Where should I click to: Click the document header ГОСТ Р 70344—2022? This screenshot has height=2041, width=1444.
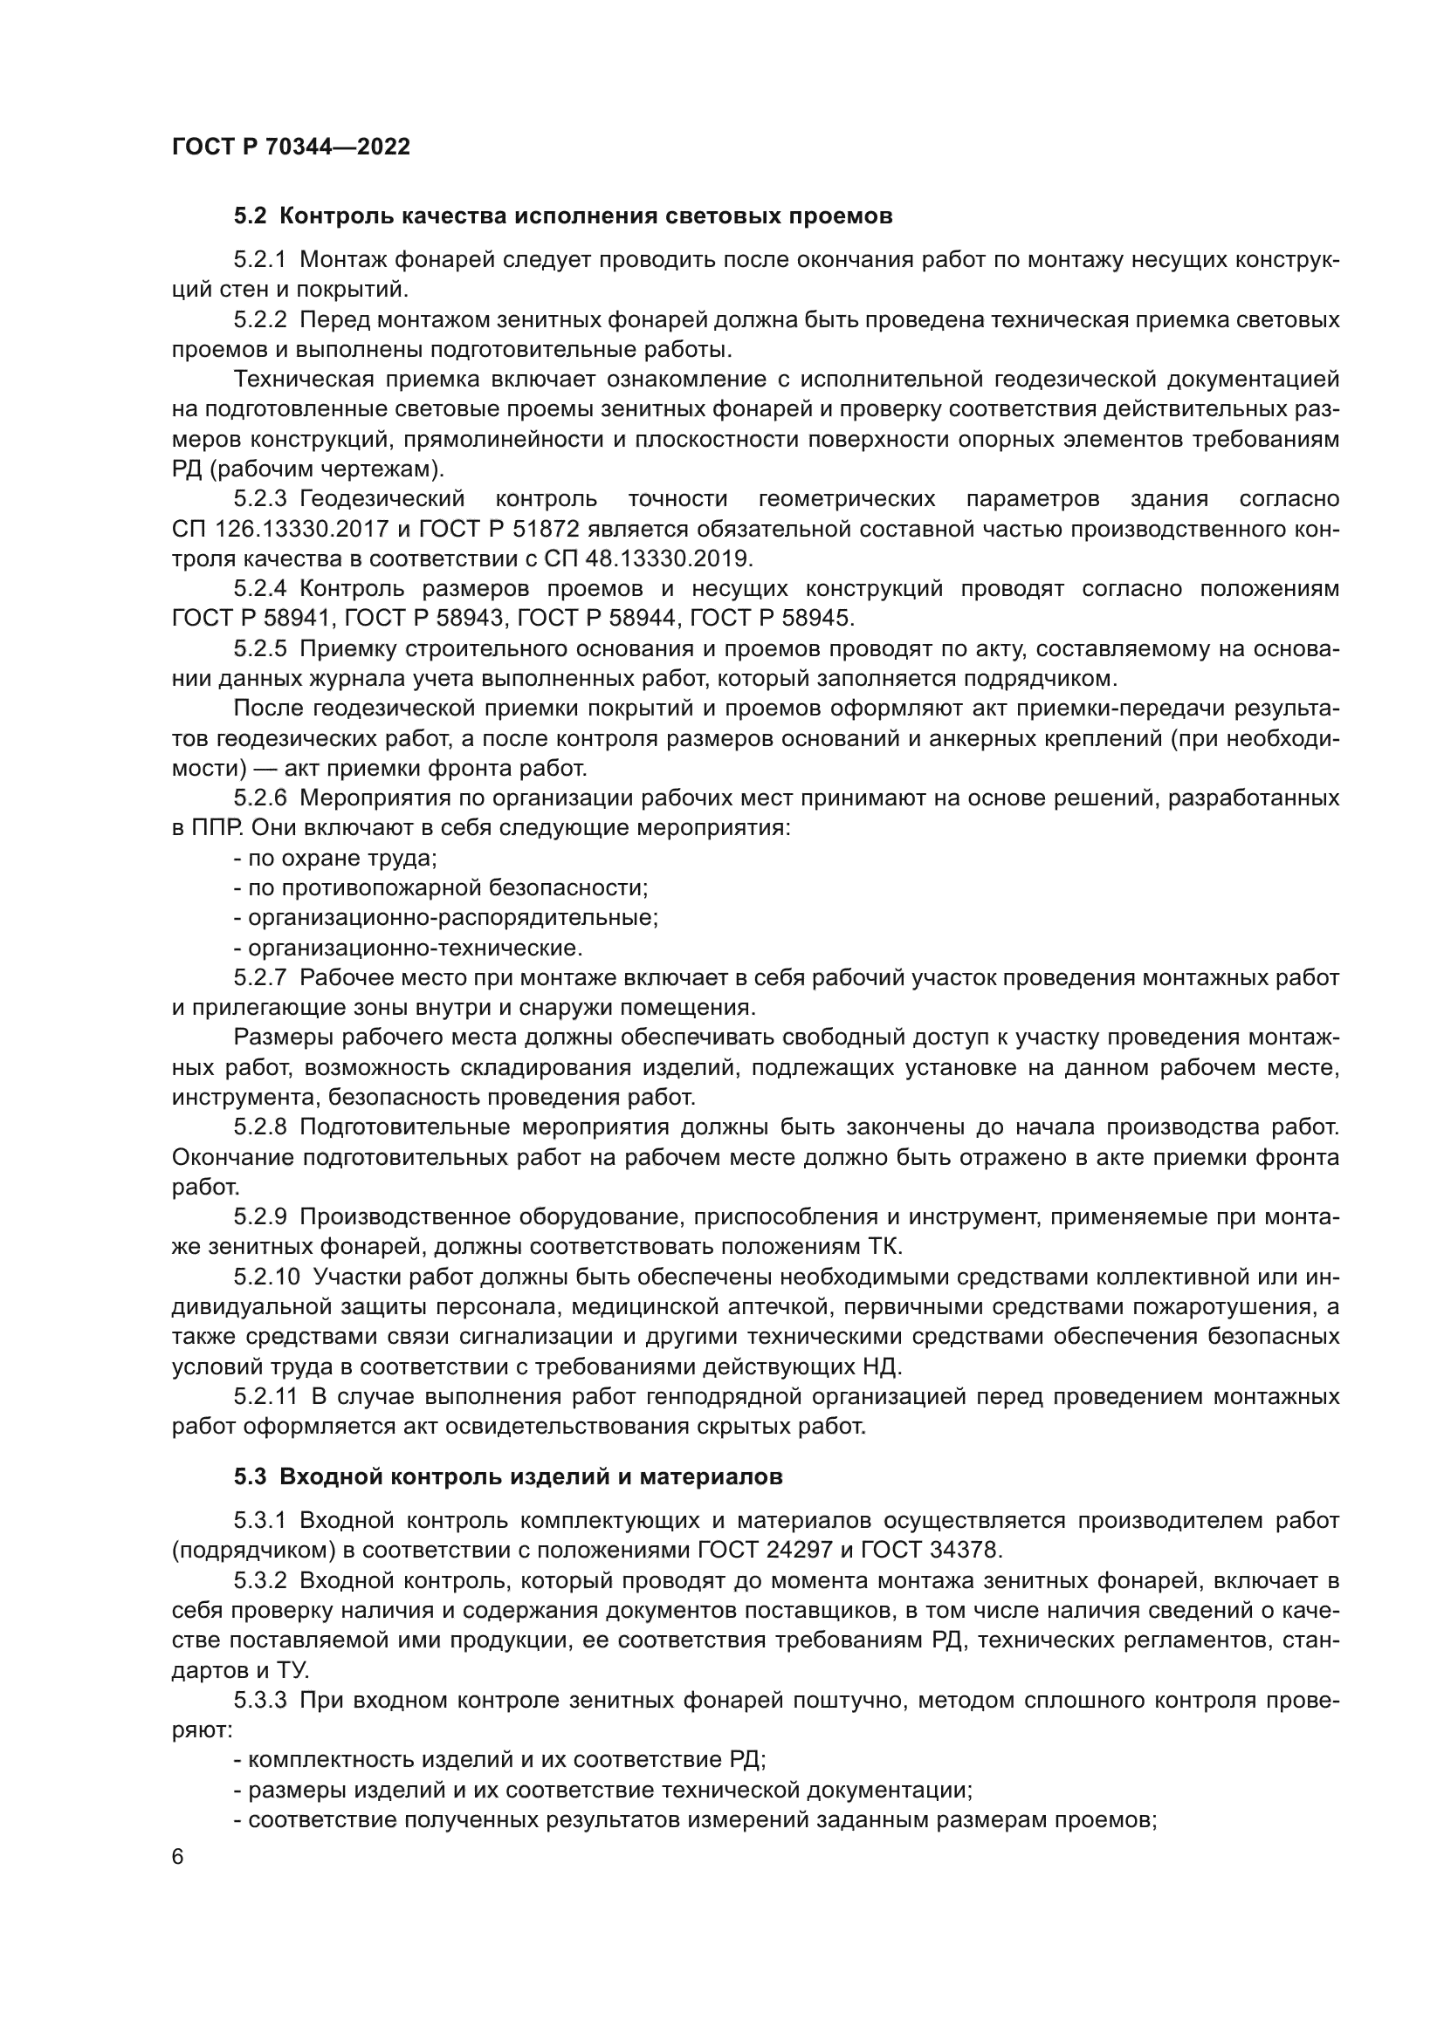click(x=291, y=147)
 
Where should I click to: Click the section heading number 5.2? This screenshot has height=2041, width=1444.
click(x=250, y=216)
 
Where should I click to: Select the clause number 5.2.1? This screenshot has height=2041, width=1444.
click(x=259, y=259)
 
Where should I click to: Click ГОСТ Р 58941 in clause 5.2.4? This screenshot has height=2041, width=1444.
click(x=251, y=618)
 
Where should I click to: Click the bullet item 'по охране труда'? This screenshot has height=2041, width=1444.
click(x=336, y=858)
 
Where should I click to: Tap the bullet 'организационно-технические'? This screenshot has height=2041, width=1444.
click(x=408, y=948)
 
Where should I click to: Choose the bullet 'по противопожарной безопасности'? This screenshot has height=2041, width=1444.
click(x=441, y=887)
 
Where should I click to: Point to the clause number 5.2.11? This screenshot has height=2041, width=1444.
click(x=266, y=1396)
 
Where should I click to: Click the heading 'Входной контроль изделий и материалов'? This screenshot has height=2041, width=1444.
click(x=531, y=1477)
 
